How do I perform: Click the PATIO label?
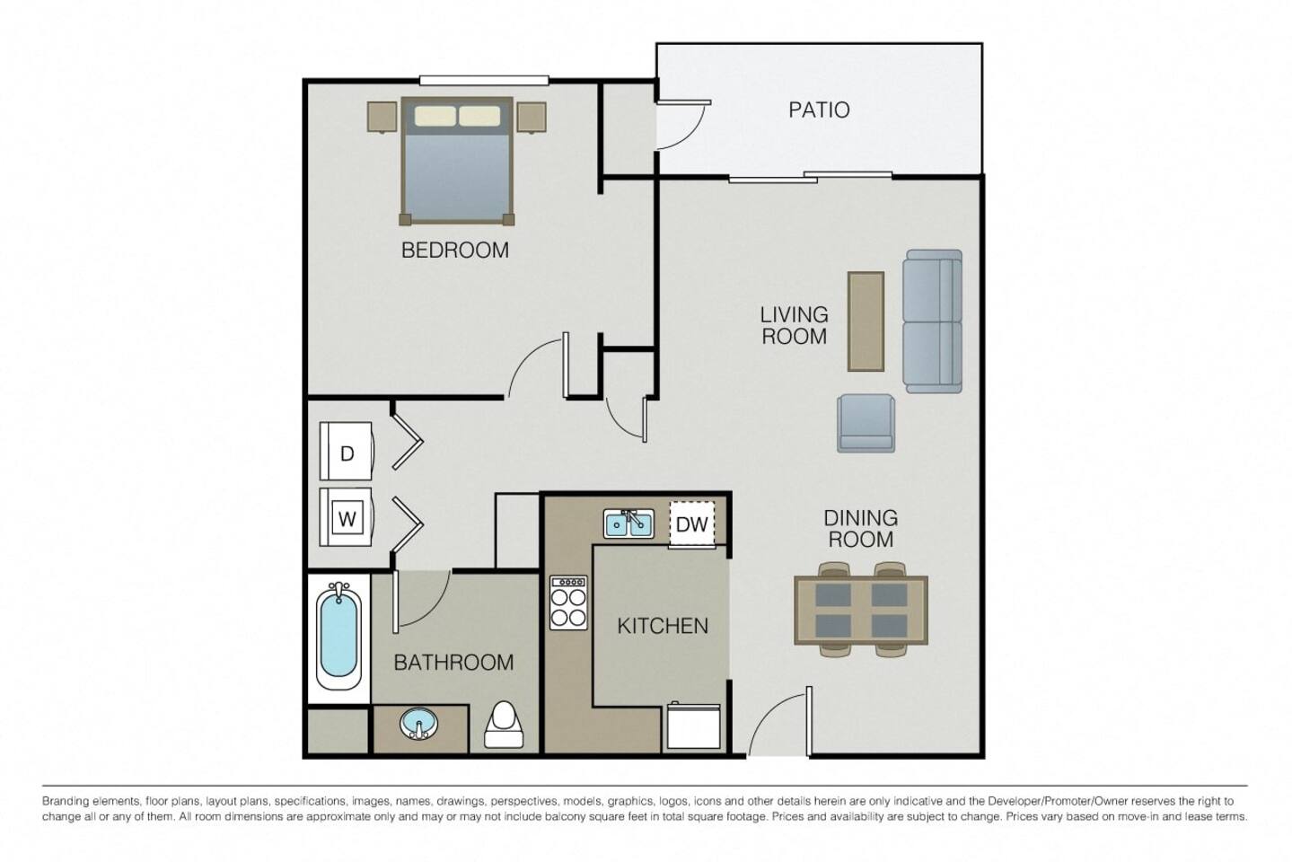pos(818,110)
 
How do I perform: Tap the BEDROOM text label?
pos(454,250)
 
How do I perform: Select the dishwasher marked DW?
pos(691,524)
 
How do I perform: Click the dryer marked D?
pos(347,453)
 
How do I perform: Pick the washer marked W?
pos(347,518)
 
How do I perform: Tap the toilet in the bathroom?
pos(504,726)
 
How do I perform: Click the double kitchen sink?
pos(628,523)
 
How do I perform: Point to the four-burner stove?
pos(568,602)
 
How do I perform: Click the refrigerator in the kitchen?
pos(693,726)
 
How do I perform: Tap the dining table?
pos(860,610)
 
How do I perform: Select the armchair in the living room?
pos(866,423)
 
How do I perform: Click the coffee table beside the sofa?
pos(866,321)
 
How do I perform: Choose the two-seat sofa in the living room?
pos(933,321)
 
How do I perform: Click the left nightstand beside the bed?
pos(382,117)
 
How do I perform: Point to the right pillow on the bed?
pos(479,116)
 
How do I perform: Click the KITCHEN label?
pos(663,626)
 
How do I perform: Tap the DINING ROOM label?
pos(860,528)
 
